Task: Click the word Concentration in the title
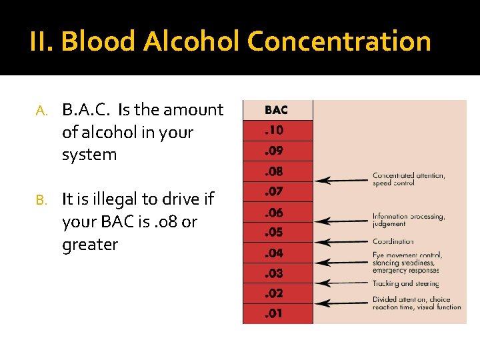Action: click(x=339, y=41)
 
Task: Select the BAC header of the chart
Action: click(x=277, y=110)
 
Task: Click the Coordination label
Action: click(x=393, y=241)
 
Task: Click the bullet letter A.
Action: click(x=40, y=111)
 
